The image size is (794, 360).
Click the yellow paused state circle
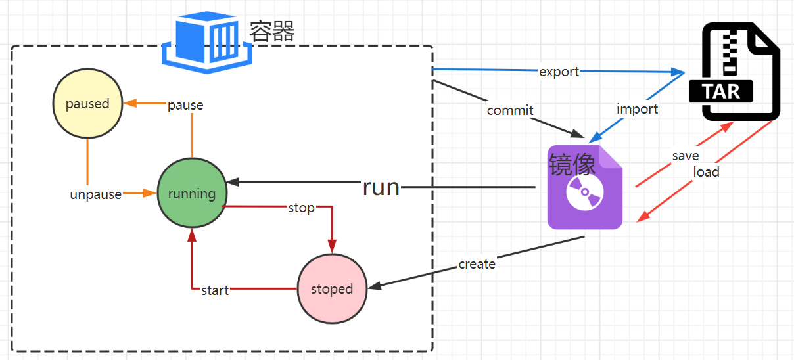click(87, 104)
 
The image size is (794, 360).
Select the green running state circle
click(192, 193)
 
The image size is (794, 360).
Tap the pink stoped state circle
click(332, 289)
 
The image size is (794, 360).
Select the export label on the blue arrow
click(559, 72)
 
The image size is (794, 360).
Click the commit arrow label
click(510, 110)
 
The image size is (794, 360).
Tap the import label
click(637, 109)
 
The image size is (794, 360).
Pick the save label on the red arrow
click(685, 156)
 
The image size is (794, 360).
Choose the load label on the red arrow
click(707, 172)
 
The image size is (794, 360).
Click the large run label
click(381, 187)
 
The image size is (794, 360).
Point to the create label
click(477, 264)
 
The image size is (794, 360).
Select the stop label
click(301, 208)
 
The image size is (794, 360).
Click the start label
click(215, 290)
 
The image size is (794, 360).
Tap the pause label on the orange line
click(185, 105)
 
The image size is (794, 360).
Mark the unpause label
click(96, 194)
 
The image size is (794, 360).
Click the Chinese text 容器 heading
click(272, 31)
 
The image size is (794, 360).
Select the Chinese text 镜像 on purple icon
click(572, 163)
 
